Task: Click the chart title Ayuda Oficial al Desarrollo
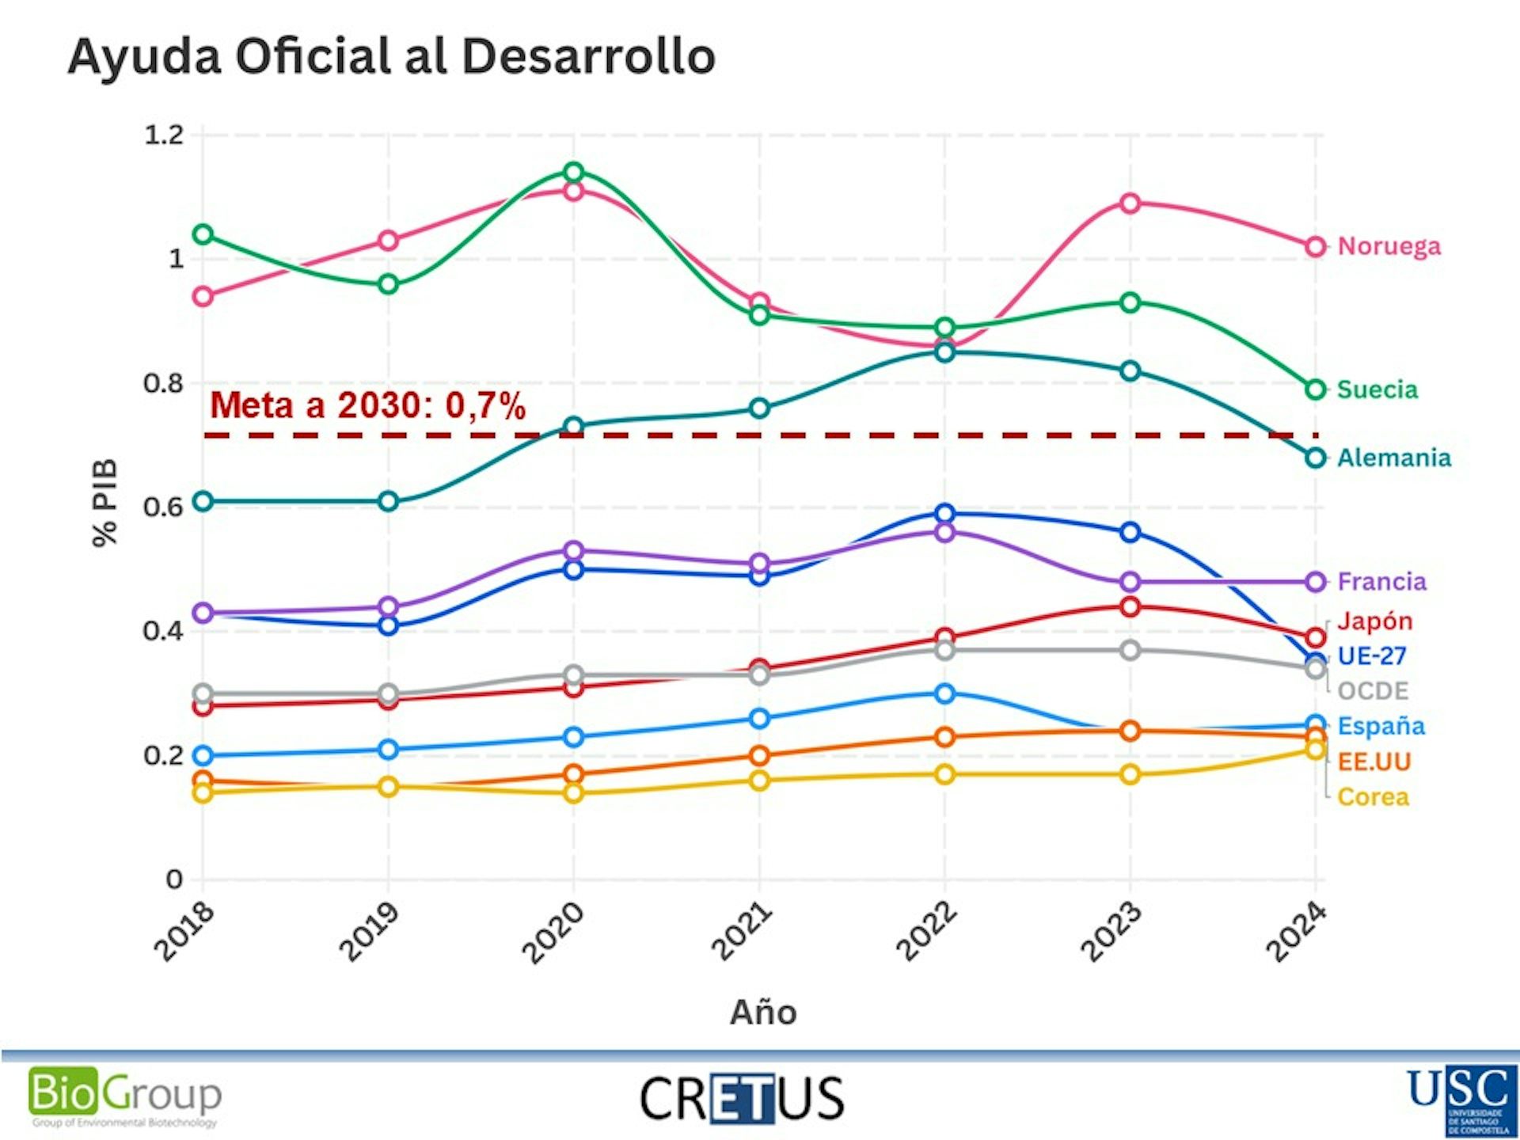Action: click(392, 57)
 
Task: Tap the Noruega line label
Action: click(1389, 246)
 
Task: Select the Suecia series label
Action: click(1377, 389)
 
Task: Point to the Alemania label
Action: click(1393, 458)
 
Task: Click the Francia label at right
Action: click(1381, 582)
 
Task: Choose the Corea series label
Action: click(1373, 796)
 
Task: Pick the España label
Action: click(1381, 726)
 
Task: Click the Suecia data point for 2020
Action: click(574, 172)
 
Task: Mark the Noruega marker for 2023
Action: click(1130, 203)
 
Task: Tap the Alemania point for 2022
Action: click(944, 351)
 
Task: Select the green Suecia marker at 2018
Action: click(203, 234)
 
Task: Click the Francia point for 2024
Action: click(1315, 582)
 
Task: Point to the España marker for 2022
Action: click(944, 693)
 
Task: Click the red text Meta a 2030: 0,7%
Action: click(367, 405)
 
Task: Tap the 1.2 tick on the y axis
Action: click(163, 135)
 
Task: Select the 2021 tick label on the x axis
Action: click(742, 932)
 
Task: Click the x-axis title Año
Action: click(763, 1012)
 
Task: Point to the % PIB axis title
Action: click(104, 503)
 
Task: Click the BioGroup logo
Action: click(125, 1096)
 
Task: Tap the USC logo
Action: click(1461, 1099)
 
